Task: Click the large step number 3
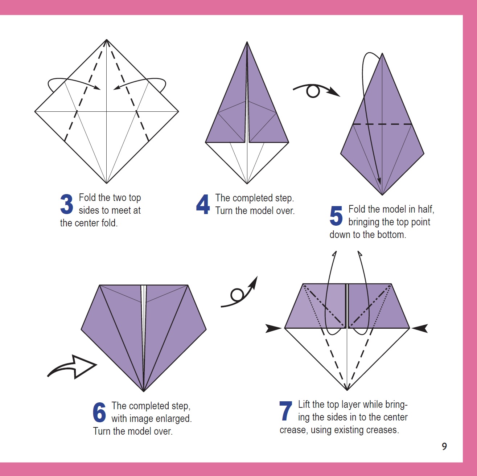coord(67,204)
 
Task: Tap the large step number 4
coord(203,204)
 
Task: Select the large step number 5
coord(336,216)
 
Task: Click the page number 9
coord(444,446)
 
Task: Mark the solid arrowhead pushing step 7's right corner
coord(420,328)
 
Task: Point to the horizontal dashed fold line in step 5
coord(382,124)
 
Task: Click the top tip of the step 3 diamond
coord(107,40)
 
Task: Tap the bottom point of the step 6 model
coord(144,391)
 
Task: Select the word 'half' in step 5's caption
coord(425,209)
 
